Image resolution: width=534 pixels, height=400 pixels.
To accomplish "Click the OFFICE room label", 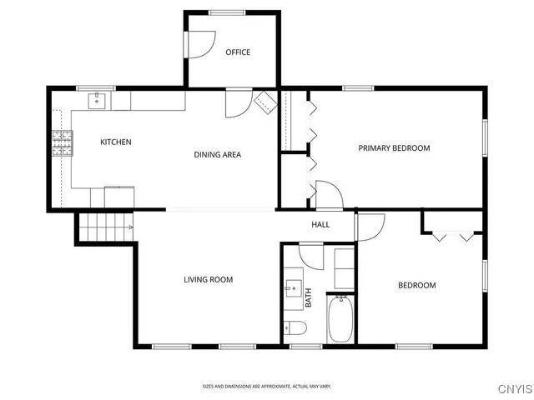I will tap(238, 52).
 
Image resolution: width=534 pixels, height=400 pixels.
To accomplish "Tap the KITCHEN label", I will tap(116, 142).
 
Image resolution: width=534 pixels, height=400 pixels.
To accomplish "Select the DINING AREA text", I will tap(218, 154).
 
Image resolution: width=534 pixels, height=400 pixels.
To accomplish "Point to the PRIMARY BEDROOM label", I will tap(394, 148).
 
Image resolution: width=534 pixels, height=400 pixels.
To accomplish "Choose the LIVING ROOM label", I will tap(208, 280).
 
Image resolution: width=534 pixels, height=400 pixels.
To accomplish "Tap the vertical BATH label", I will tap(308, 298).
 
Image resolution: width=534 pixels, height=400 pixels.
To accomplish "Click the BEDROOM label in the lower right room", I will tap(416, 286).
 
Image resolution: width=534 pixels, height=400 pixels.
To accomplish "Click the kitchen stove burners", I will tap(63, 143).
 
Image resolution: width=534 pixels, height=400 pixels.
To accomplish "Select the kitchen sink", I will tap(98, 101).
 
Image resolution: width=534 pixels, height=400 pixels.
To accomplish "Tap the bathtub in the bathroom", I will tap(340, 320).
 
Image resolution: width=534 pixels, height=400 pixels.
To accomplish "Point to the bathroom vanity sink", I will tap(293, 289).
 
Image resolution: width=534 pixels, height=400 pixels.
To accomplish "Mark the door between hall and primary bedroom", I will tap(329, 195).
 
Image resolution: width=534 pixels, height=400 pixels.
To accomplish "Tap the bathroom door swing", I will tap(310, 254).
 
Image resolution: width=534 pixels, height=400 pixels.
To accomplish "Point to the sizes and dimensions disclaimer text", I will tap(267, 386).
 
